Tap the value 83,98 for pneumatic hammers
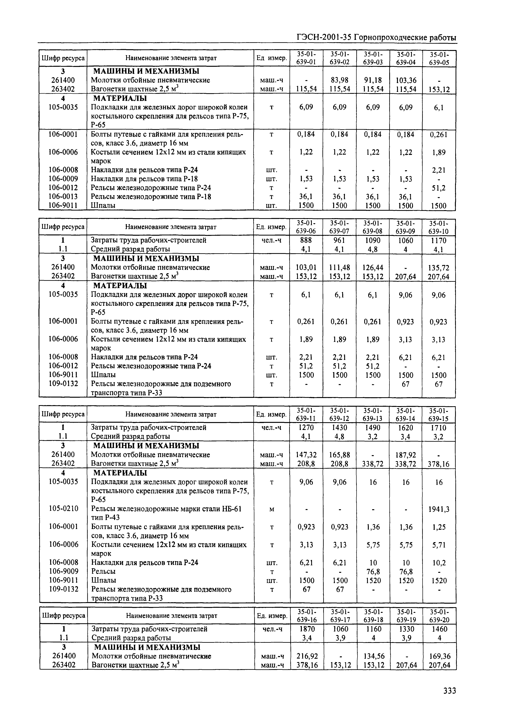tap(339, 80)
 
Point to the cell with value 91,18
tap(373, 80)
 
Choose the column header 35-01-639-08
tap(373, 227)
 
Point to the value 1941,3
tap(439, 509)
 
